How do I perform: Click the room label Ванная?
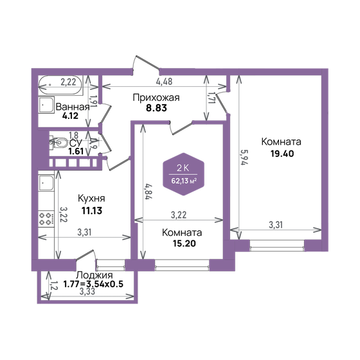point(73,107)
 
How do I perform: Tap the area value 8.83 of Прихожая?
point(156,110)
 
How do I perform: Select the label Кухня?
point(91,199)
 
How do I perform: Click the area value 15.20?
point(182,244)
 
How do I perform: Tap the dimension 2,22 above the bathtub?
point(69,82)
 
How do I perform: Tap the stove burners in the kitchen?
point(46,218)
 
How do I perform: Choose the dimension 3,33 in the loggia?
point(89,292)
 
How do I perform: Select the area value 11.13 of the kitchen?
point(91,210)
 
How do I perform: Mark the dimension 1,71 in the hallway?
point(211,98)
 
